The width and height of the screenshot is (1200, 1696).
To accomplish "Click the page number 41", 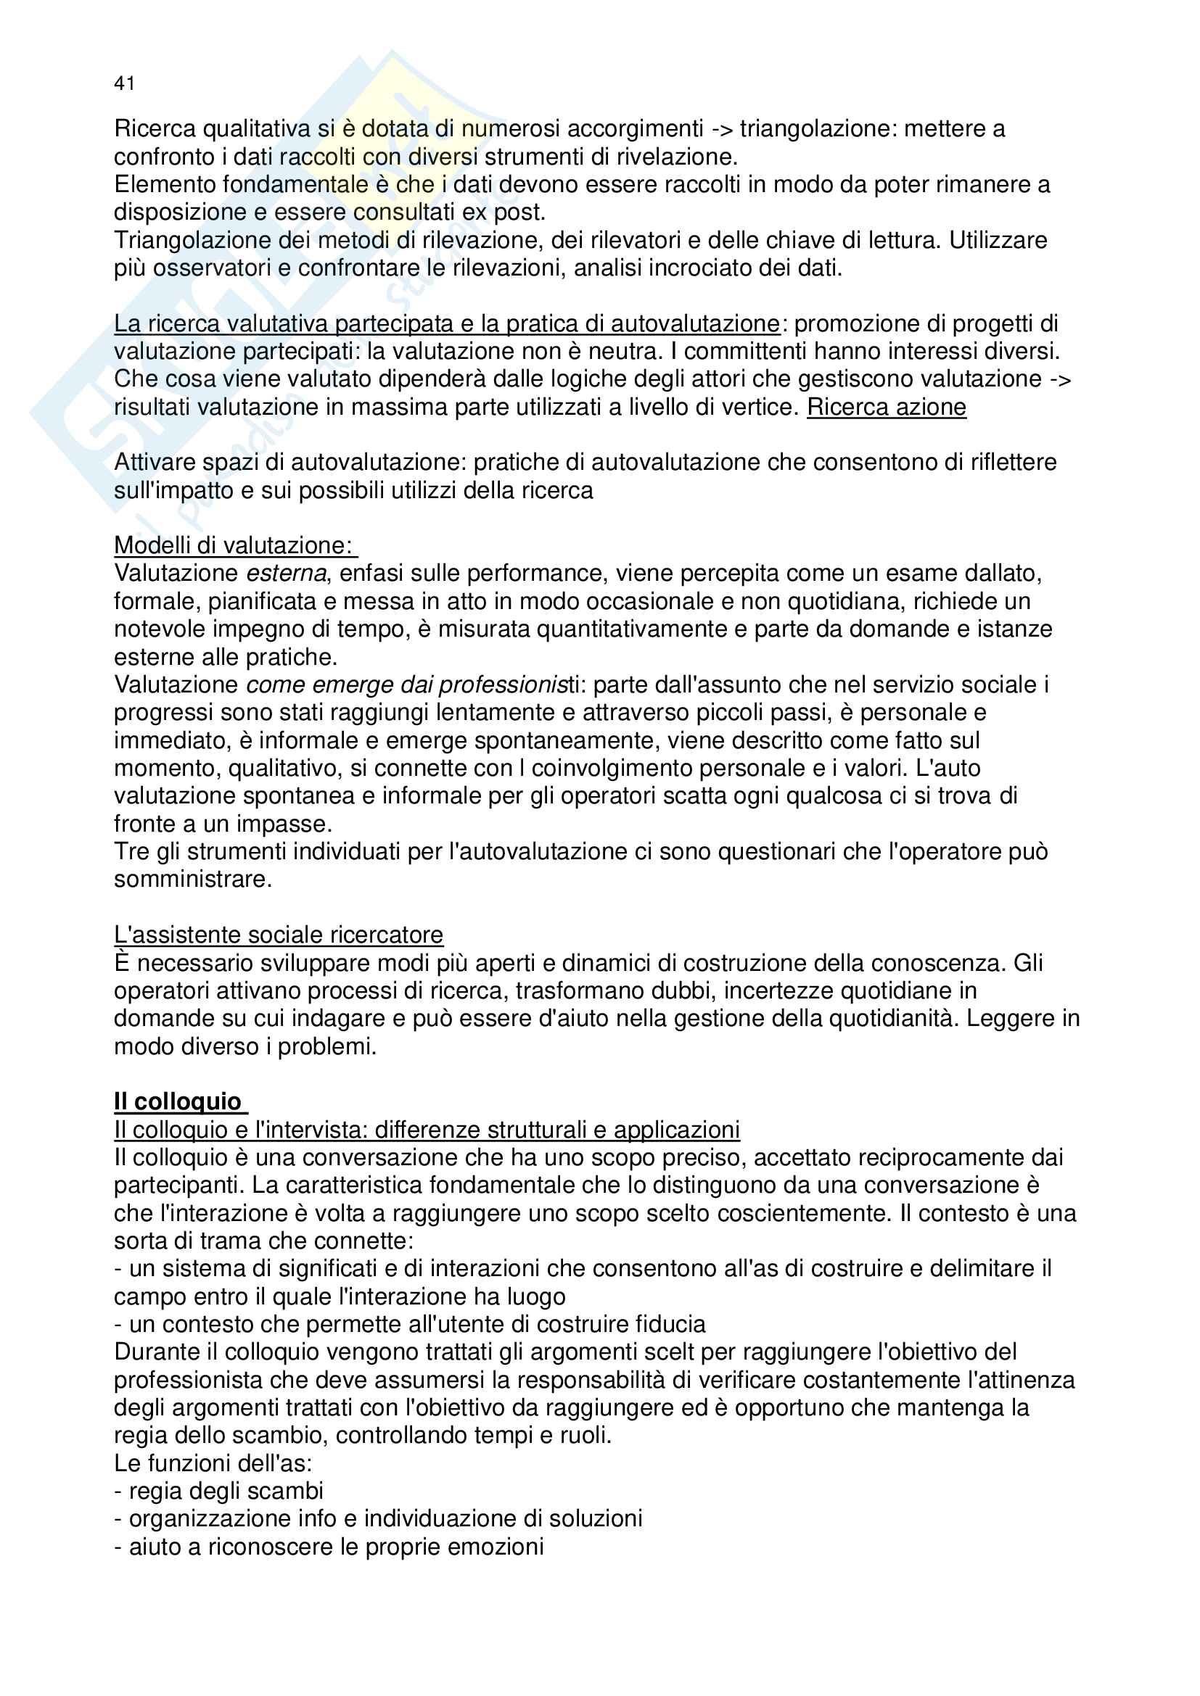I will (x=124, y=83).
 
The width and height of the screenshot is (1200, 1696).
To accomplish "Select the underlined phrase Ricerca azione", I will (x=886, y=407).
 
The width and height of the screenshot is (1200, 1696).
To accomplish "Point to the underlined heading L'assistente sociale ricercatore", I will (x=278, y=935).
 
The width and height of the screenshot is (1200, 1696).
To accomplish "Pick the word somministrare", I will (x=192, y=879).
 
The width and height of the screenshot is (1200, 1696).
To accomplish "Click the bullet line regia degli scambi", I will (x=219, y=1491).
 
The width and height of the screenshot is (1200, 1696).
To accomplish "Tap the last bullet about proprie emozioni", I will (x=329, y=1546).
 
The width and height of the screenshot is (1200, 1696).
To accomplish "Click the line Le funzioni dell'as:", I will (x=213, y=1463).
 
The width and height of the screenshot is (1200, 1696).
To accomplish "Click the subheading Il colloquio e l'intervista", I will (x=427, y=1130).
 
